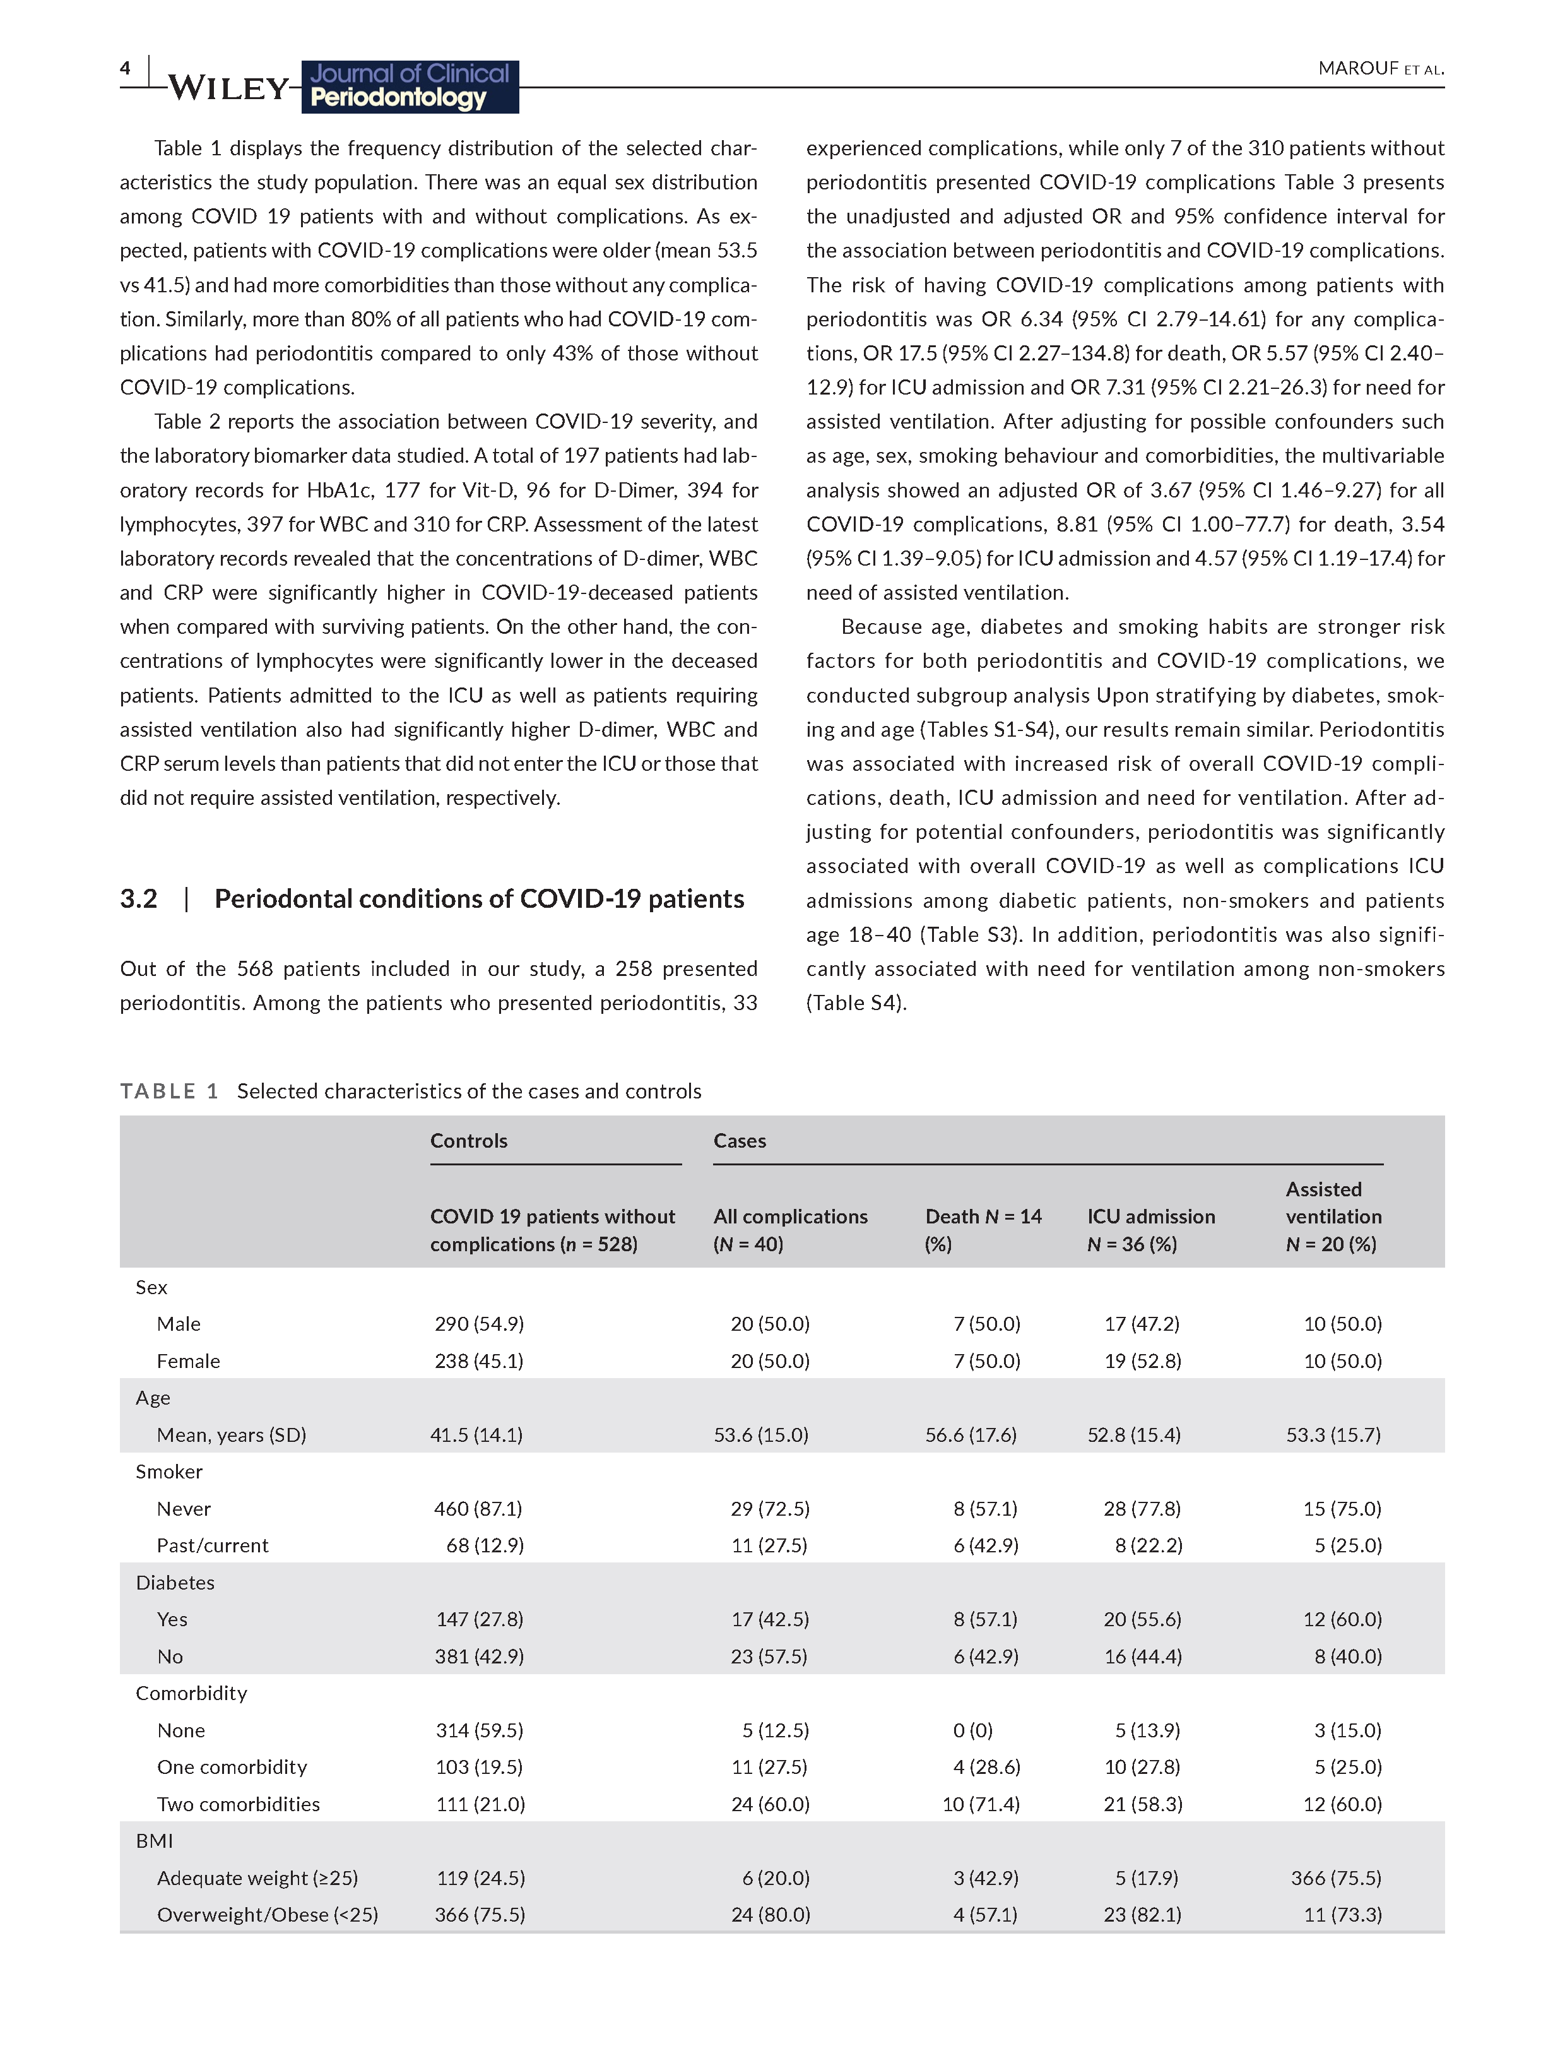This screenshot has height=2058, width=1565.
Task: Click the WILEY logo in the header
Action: (229, 88)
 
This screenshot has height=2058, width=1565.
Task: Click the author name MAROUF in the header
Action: (1358, 69)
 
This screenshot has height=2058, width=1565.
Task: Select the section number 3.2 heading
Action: (139, 899)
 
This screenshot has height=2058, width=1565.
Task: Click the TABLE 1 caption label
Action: (168, 1091)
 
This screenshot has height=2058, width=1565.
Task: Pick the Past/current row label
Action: (213, 1545)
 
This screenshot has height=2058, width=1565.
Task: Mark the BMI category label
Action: (155, 1841)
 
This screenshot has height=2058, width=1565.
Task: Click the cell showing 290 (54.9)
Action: (479, 1324)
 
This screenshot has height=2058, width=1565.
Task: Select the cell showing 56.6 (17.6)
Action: (971, 1435)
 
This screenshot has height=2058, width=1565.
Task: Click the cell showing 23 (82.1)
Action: (1142, 1915)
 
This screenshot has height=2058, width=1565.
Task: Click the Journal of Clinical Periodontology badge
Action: (410, 86)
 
